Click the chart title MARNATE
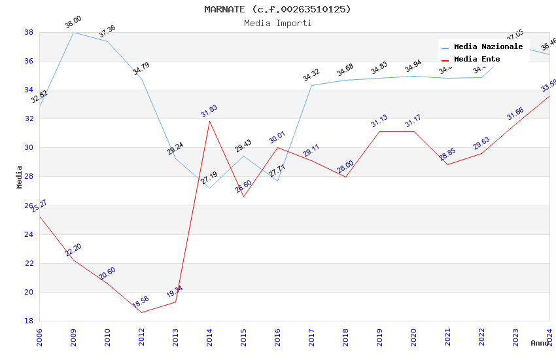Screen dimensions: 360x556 pyautogui.click(x=277, y=9)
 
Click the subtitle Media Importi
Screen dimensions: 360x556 pyautogui.click(x=277, y=24)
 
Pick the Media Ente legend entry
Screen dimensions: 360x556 pyautogui.click(x=477, y=60)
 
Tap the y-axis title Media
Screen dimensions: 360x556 pyautogui.click(x=20, y=177)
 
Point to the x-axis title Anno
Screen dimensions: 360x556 pyautogui.click(x=540, y=343)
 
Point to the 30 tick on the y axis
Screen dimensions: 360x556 pyautogui.click(x=29, y=148)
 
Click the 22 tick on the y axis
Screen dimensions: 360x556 pyautogui.click(x=29, y=263)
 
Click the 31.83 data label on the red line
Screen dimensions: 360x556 pyautogui.click(x=209, y=111)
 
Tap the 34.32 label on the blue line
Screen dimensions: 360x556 pyautogui.click(x=311, y=76)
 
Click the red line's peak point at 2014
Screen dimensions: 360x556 pyautogui.click(x=209, y=121)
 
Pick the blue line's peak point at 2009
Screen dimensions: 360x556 pyautogui.click(x=73, y=32)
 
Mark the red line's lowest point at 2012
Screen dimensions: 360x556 pyautogui.click(x=141, y=312)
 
